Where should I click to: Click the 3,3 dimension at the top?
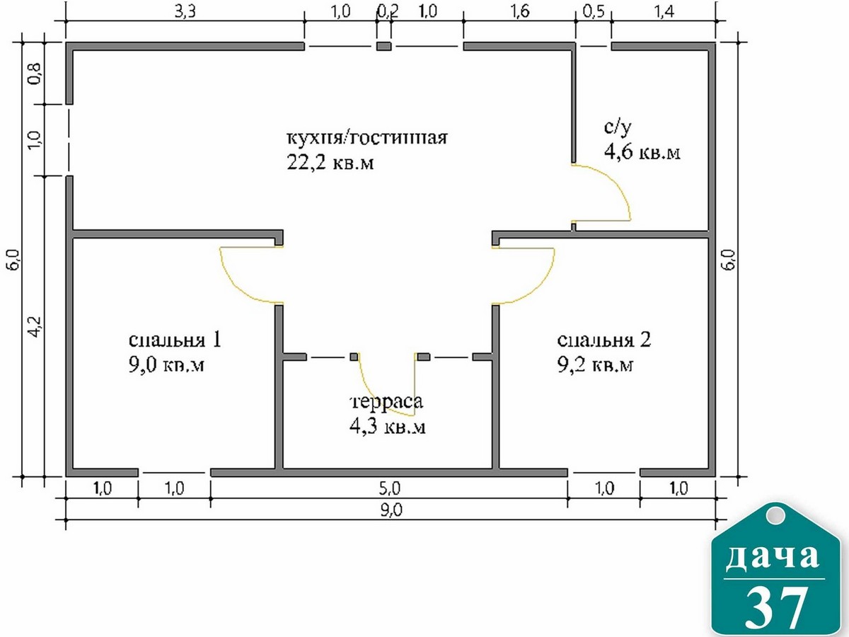(x=185, y=12)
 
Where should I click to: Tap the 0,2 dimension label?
(x=388, y=12)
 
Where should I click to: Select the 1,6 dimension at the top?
(x=520, y=12)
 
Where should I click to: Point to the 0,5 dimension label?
(x=594, y=12)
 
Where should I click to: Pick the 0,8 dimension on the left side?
(x=35, y=74)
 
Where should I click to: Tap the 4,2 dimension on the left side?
(x=35, y=327)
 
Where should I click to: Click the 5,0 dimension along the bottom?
(x=390, y=489)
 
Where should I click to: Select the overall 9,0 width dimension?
(x=391, y=510)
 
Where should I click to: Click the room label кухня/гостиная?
(x=366, y=137)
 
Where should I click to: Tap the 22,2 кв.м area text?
(x=330, y=163)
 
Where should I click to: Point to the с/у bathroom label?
(x=618, y=127)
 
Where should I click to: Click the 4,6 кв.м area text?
(x=642, y=151)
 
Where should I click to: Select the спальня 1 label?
(x=175, y=340)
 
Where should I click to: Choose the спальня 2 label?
(x=603, y=340)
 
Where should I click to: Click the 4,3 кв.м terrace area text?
(x=387, y=427)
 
